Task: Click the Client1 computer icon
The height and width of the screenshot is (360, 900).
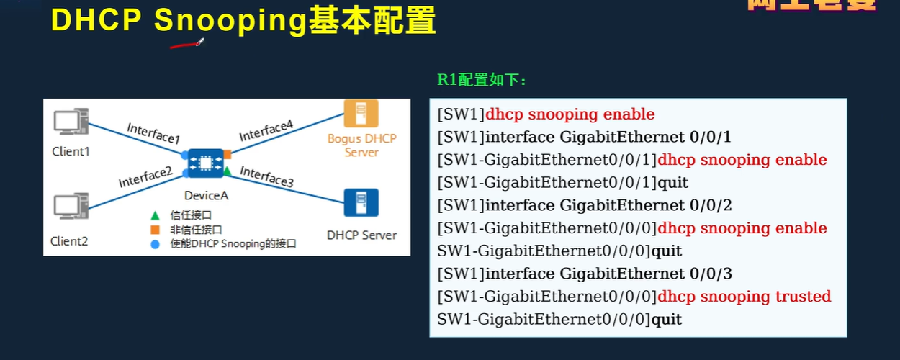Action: click(x=71, y=122)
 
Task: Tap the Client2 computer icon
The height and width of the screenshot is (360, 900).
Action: click(x=71, y=207)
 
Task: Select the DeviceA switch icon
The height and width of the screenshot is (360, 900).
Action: click(x=205, y=163)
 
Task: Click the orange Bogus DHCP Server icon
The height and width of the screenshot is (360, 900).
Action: click(x=361, y=114)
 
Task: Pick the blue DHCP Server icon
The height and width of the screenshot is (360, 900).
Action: click(x=361, y=202)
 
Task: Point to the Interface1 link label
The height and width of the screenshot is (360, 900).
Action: click(x=153, y=132)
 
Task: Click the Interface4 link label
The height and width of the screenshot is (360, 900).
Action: click(x=266, y=131)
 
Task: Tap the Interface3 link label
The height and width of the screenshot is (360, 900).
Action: click(x=266, y=176)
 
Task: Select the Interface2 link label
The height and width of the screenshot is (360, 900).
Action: click(x=145, y=176)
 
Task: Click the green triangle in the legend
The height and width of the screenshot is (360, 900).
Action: click(x=154, y=215)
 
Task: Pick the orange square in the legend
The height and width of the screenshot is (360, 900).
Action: click(x=154, y=230)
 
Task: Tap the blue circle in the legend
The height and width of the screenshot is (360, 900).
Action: click(x=154, y=244)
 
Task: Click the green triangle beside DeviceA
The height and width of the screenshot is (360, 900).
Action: click(x=227, y=171)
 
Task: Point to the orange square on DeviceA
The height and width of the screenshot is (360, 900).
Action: click(x=227, y=154)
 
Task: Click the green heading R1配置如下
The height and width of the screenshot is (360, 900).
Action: click(x=482, y=80)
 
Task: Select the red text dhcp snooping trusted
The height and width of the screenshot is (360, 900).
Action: click(x=744, y=297)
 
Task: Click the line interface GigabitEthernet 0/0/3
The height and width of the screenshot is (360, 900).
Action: click(x=608, y=274)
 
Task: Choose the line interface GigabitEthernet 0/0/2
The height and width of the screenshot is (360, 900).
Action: click(x=608, y=205)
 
